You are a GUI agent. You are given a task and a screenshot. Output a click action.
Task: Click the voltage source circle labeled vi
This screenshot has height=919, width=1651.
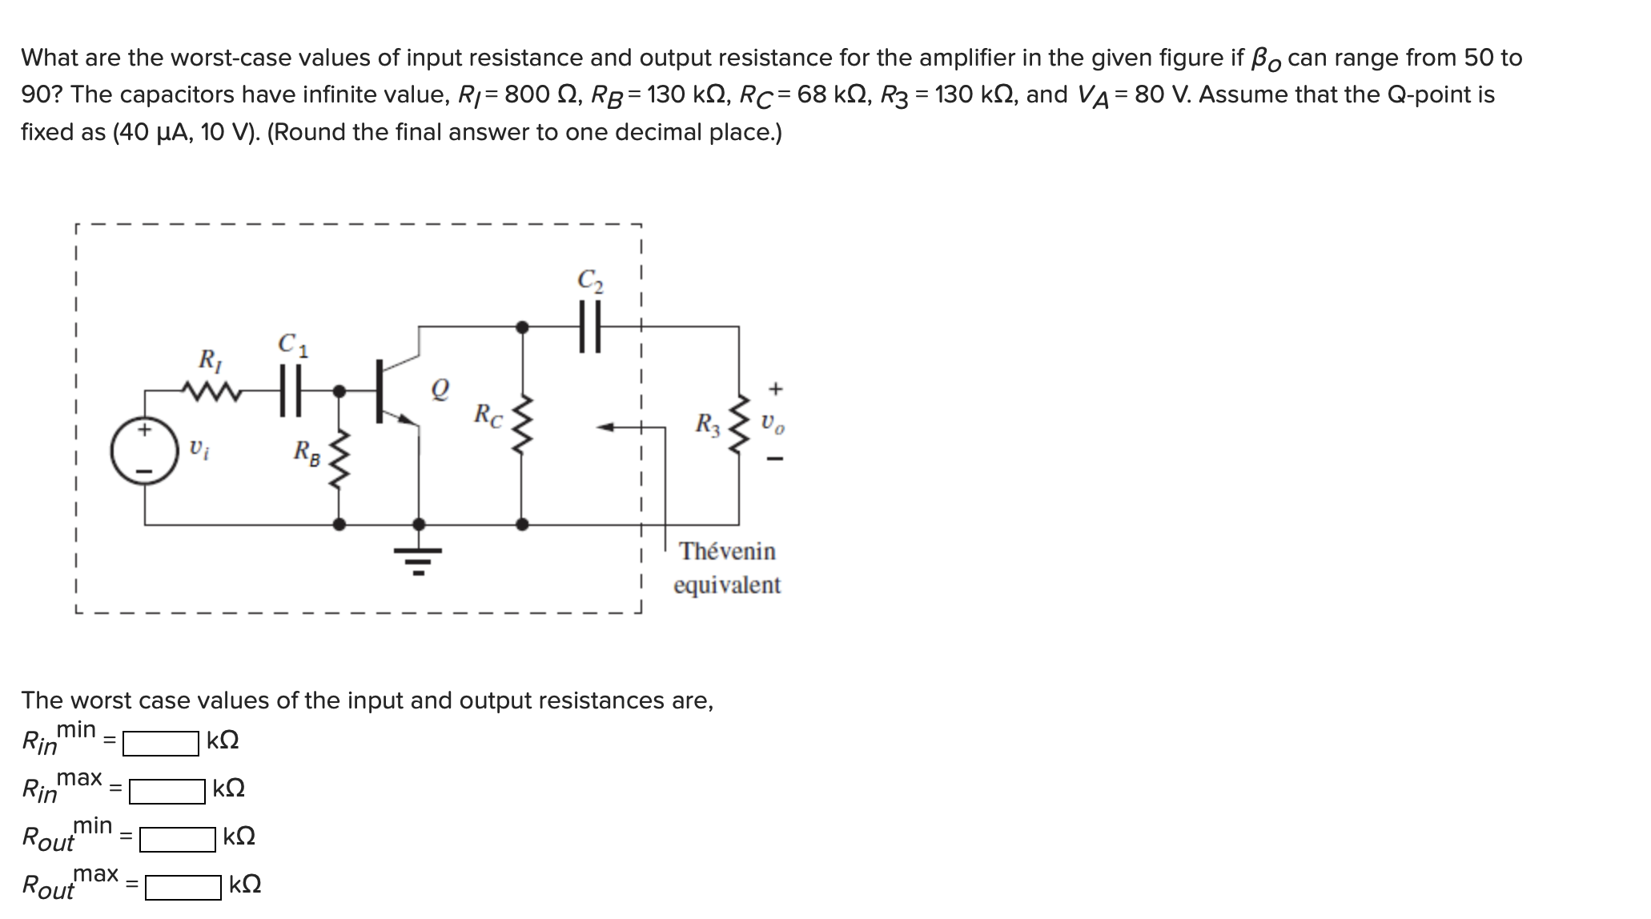click(145, 449)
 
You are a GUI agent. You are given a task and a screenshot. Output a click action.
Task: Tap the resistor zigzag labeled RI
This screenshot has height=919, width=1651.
click(211, 391)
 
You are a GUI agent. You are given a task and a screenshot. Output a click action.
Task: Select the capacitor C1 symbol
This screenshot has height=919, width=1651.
click(290, 391)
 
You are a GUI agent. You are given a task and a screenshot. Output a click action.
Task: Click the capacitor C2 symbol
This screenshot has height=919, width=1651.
click(590, 326)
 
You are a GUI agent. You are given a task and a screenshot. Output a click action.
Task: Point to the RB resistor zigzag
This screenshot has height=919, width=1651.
click(339, 460)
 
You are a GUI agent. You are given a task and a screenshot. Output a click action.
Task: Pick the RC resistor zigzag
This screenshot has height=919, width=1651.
click(522, 424)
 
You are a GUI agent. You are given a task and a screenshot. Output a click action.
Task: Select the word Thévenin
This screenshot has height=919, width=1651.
click(727, 551)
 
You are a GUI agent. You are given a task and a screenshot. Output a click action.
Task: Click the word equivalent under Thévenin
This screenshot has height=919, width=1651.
click(727, 585)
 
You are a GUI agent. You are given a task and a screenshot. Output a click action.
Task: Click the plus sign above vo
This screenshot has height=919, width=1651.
click(774, 389)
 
